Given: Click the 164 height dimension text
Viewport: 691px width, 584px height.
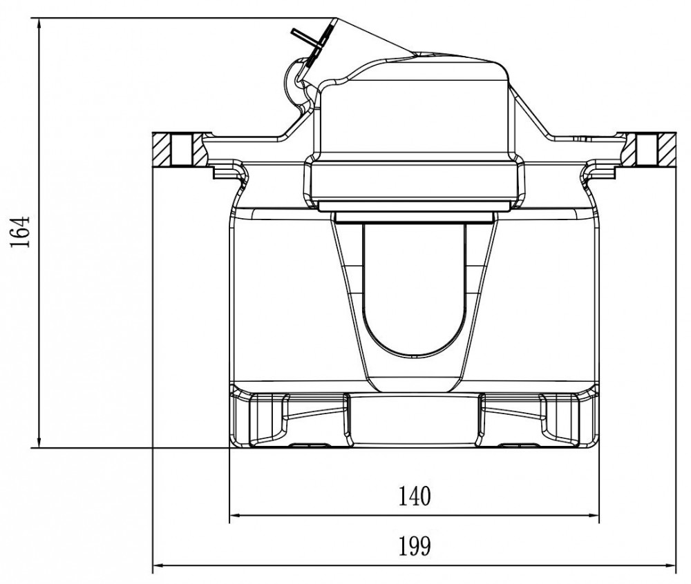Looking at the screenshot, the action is pyautogui.click(x=20, y=231).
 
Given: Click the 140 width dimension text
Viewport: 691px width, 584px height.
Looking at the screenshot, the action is pyautogui.click(x=414, y=496).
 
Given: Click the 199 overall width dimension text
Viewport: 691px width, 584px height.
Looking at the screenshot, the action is pyautogui.click(x=414, y=546).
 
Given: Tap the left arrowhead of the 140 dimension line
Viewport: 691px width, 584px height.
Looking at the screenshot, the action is pyautogui.click(x=236, y=515).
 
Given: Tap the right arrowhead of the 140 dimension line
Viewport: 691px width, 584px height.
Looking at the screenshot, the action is pyautogui.click(x=593, y=515).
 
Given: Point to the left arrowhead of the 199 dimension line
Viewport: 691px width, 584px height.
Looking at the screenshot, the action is pyautogui.click(x=160, y=565).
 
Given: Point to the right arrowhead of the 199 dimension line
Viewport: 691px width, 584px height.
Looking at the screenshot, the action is pyautogui.click(x=668, y=565).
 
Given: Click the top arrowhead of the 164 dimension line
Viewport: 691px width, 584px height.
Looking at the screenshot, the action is pyautogui.click(x=39, y=25).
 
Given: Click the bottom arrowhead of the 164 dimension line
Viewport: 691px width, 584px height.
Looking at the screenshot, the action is pyautogui.click(x=39, y=441).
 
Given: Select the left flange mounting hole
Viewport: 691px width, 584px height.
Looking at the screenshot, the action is pyautogui.click(x=181, y=150).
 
